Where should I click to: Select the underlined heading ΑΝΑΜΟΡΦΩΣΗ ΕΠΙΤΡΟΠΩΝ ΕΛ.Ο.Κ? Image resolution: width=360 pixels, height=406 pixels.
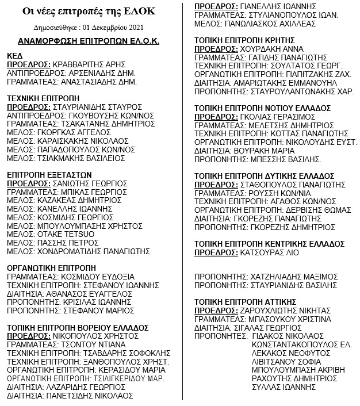coord(88,42)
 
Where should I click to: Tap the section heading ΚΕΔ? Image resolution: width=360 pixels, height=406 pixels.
coord(14,56)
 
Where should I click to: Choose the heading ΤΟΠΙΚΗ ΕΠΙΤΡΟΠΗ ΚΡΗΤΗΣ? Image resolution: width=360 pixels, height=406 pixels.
coord(245,41)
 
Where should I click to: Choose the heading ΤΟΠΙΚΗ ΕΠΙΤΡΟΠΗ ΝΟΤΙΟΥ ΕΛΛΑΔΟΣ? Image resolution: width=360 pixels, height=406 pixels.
coord(262,108)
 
